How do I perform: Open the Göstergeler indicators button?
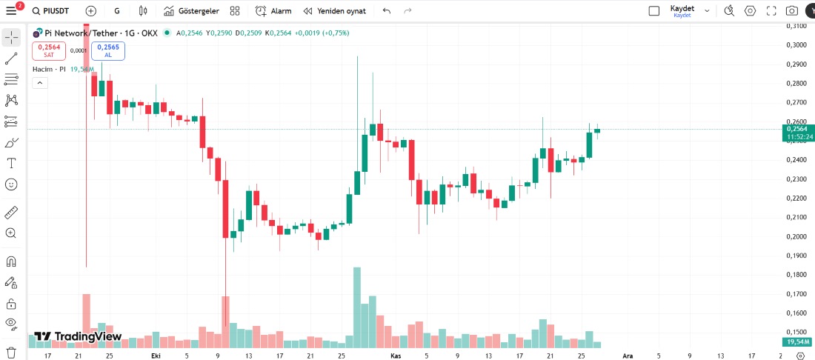(x=191, y=11)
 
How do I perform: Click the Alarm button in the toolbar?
(x=273, y=11)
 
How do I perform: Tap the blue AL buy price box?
(x=108, y=50)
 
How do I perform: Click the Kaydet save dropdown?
(x=682, y=10)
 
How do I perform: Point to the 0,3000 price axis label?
(x=796, y=45)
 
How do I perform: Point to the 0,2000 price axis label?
(x=796, y=236)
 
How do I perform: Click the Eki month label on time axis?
(x=156, y=356)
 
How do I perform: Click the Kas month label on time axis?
(x=396, y=356)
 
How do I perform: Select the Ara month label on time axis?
(x=628, y=356)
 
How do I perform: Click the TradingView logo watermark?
(x=78, y=336)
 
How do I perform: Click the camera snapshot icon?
(x=792, y=11)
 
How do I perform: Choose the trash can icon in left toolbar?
(x=11, y=352)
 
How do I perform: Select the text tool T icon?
(x=11, y=163)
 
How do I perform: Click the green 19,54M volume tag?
(x=796, y=341)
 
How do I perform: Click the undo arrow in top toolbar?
(x=386, y=11)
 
